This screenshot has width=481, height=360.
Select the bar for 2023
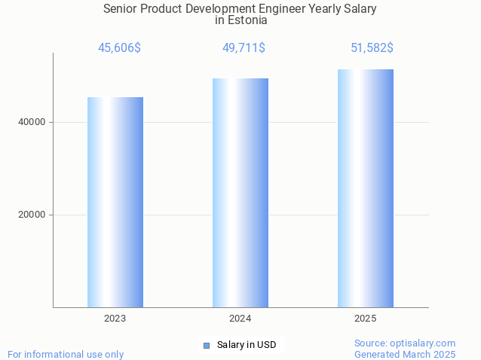pos(115,202)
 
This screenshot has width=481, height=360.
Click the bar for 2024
pos(240,193)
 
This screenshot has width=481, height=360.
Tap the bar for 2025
pos(366,188)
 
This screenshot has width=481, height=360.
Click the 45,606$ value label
pos(119,48)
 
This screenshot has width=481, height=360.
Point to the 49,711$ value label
pos(244,48)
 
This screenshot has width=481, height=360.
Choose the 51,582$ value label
pos(372,48)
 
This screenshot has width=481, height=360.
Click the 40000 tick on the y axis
pos(32,122)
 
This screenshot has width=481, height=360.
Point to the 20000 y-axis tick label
pos(32,215)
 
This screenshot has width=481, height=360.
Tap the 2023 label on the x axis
pos(115,319)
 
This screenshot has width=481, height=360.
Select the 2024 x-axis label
pos(240,319)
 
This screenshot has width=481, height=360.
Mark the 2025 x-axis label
pos(366,319)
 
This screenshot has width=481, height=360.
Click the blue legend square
pos(207,346)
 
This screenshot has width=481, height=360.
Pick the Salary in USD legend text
pos(247,345)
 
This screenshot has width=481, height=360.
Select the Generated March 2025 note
pos(405,354)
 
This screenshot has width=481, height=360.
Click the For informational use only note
pos(66,354)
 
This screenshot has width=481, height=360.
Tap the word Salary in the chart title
pos(360,9)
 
